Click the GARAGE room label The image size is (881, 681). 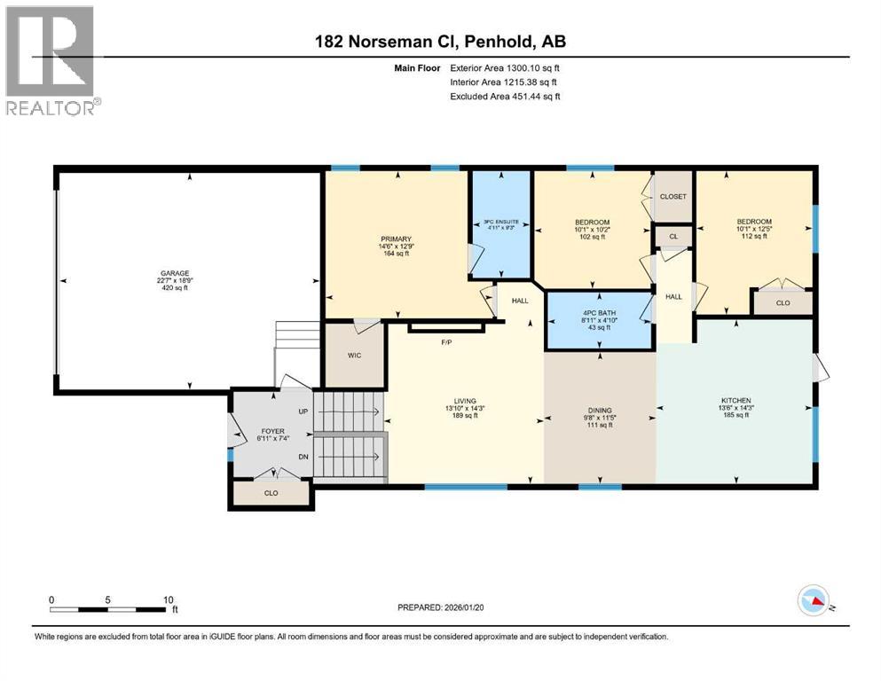point(187,273)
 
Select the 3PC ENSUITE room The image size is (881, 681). point(500,222)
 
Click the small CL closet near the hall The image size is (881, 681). point(673,237)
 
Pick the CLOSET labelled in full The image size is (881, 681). point(673,196)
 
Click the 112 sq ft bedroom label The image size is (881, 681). point(753,222)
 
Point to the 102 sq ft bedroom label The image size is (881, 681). point(592,222)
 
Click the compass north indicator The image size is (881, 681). point(814,601)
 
